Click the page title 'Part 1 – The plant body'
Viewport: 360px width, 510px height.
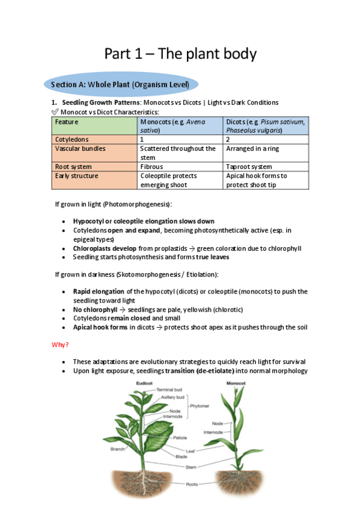click(180, 54)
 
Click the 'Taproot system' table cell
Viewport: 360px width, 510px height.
click(249, 167)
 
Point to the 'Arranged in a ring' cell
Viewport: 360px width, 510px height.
click(252, 149)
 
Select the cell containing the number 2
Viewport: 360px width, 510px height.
click(228, 139)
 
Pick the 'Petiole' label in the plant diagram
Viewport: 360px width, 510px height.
click(180, 438)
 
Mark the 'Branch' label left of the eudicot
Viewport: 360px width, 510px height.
click(118, 449)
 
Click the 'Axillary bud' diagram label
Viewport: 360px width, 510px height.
click(174, 398)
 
